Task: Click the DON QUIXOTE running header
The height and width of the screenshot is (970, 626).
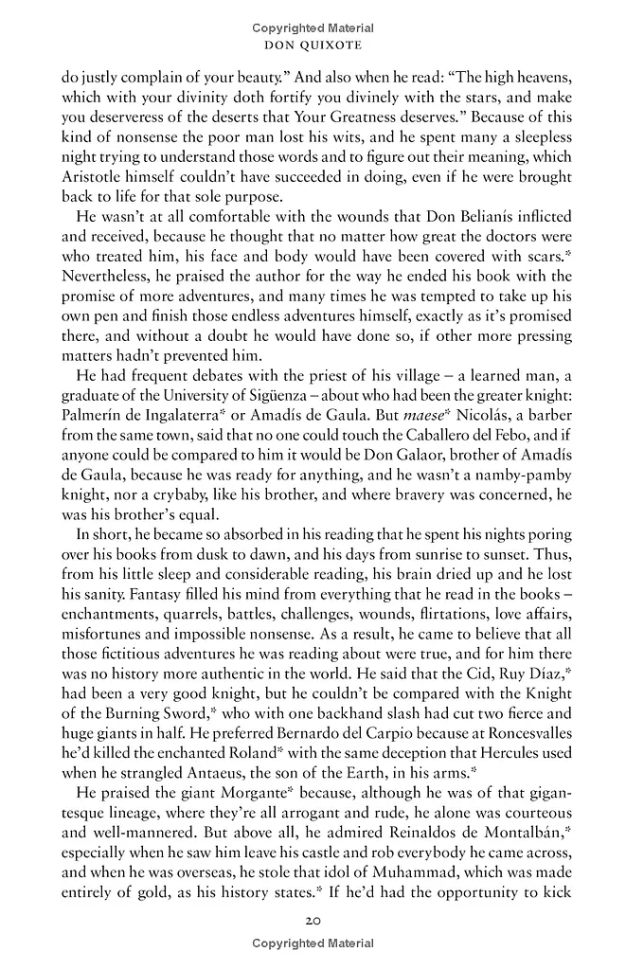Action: click(313, 45)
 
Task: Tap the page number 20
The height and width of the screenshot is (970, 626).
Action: click(313, 921)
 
